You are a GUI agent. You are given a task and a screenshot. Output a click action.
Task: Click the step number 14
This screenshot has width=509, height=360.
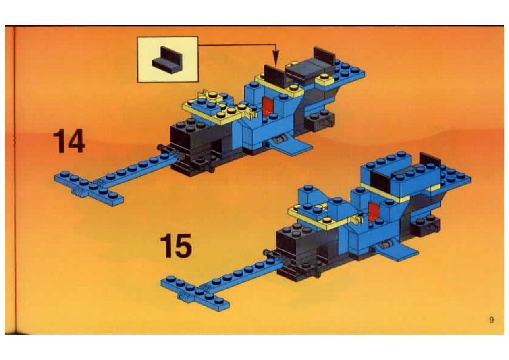coord(69,141)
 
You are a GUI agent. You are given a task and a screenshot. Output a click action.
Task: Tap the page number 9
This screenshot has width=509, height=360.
coord(491,320)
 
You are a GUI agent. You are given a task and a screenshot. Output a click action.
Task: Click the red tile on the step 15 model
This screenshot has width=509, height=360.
coord(373,211)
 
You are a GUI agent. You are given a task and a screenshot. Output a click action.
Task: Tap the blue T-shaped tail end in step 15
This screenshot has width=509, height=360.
coord(195,293)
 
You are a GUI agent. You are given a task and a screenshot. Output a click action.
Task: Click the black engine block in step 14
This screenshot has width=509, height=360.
coord(195,148)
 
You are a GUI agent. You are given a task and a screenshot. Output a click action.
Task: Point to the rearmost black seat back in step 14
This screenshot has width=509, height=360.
coord(324,55)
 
